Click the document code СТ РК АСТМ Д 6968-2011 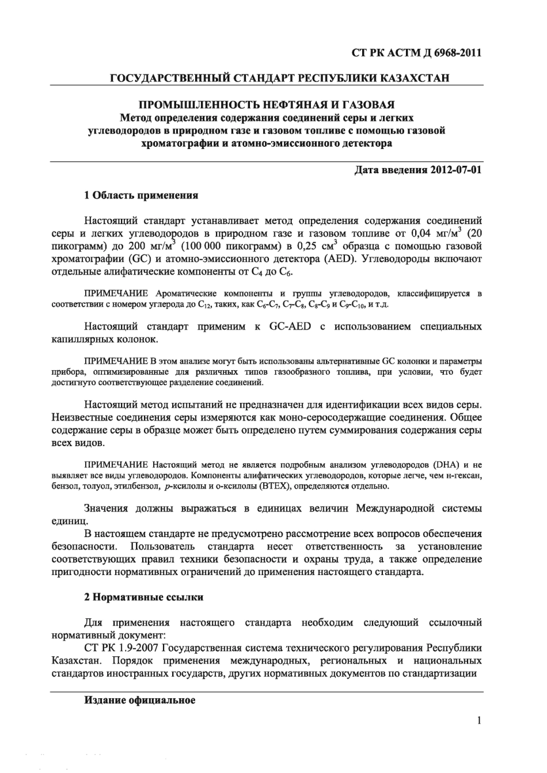tap(416, 53)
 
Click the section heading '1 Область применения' tap(141, 195)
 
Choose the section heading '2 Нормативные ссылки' tap(143, 597)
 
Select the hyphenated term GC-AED tap(290, 327)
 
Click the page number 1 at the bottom tap(479, 720)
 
